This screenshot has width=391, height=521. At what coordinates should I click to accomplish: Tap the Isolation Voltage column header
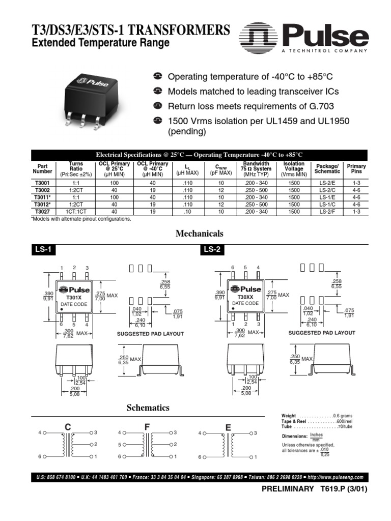294,169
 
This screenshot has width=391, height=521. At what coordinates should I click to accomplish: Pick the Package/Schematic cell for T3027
327,211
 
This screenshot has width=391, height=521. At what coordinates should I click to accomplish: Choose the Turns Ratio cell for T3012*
75,204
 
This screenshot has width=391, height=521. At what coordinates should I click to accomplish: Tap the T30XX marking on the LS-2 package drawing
242,297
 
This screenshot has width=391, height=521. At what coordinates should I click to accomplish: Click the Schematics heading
148,408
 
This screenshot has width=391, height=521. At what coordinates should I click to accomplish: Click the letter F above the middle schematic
147,426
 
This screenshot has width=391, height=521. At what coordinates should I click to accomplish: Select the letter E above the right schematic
228,426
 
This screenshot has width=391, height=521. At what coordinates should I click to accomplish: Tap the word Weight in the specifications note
289,416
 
